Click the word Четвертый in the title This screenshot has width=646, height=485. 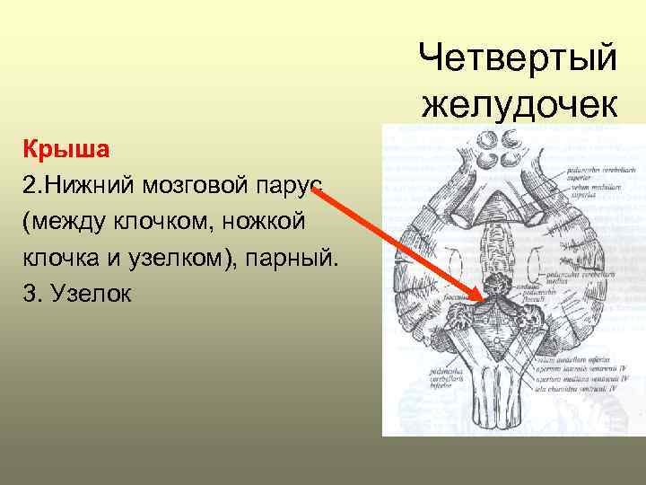click(518, 58)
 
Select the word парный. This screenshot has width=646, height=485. click(288, 257)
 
